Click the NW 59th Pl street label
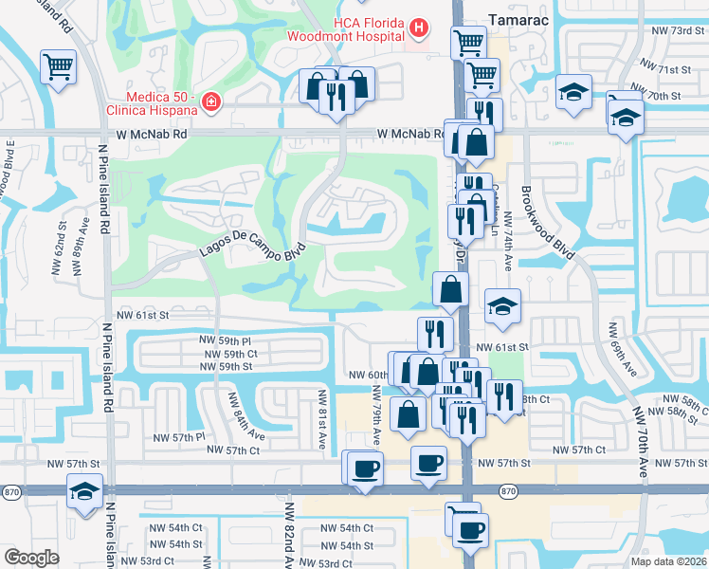(225, 340)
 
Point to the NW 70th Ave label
(641, 435)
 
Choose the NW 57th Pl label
(180, 436)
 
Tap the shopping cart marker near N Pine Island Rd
(59, 68)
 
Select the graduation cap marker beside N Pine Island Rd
(84, 493)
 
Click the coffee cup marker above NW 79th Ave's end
(365, 468)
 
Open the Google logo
(31, 558)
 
